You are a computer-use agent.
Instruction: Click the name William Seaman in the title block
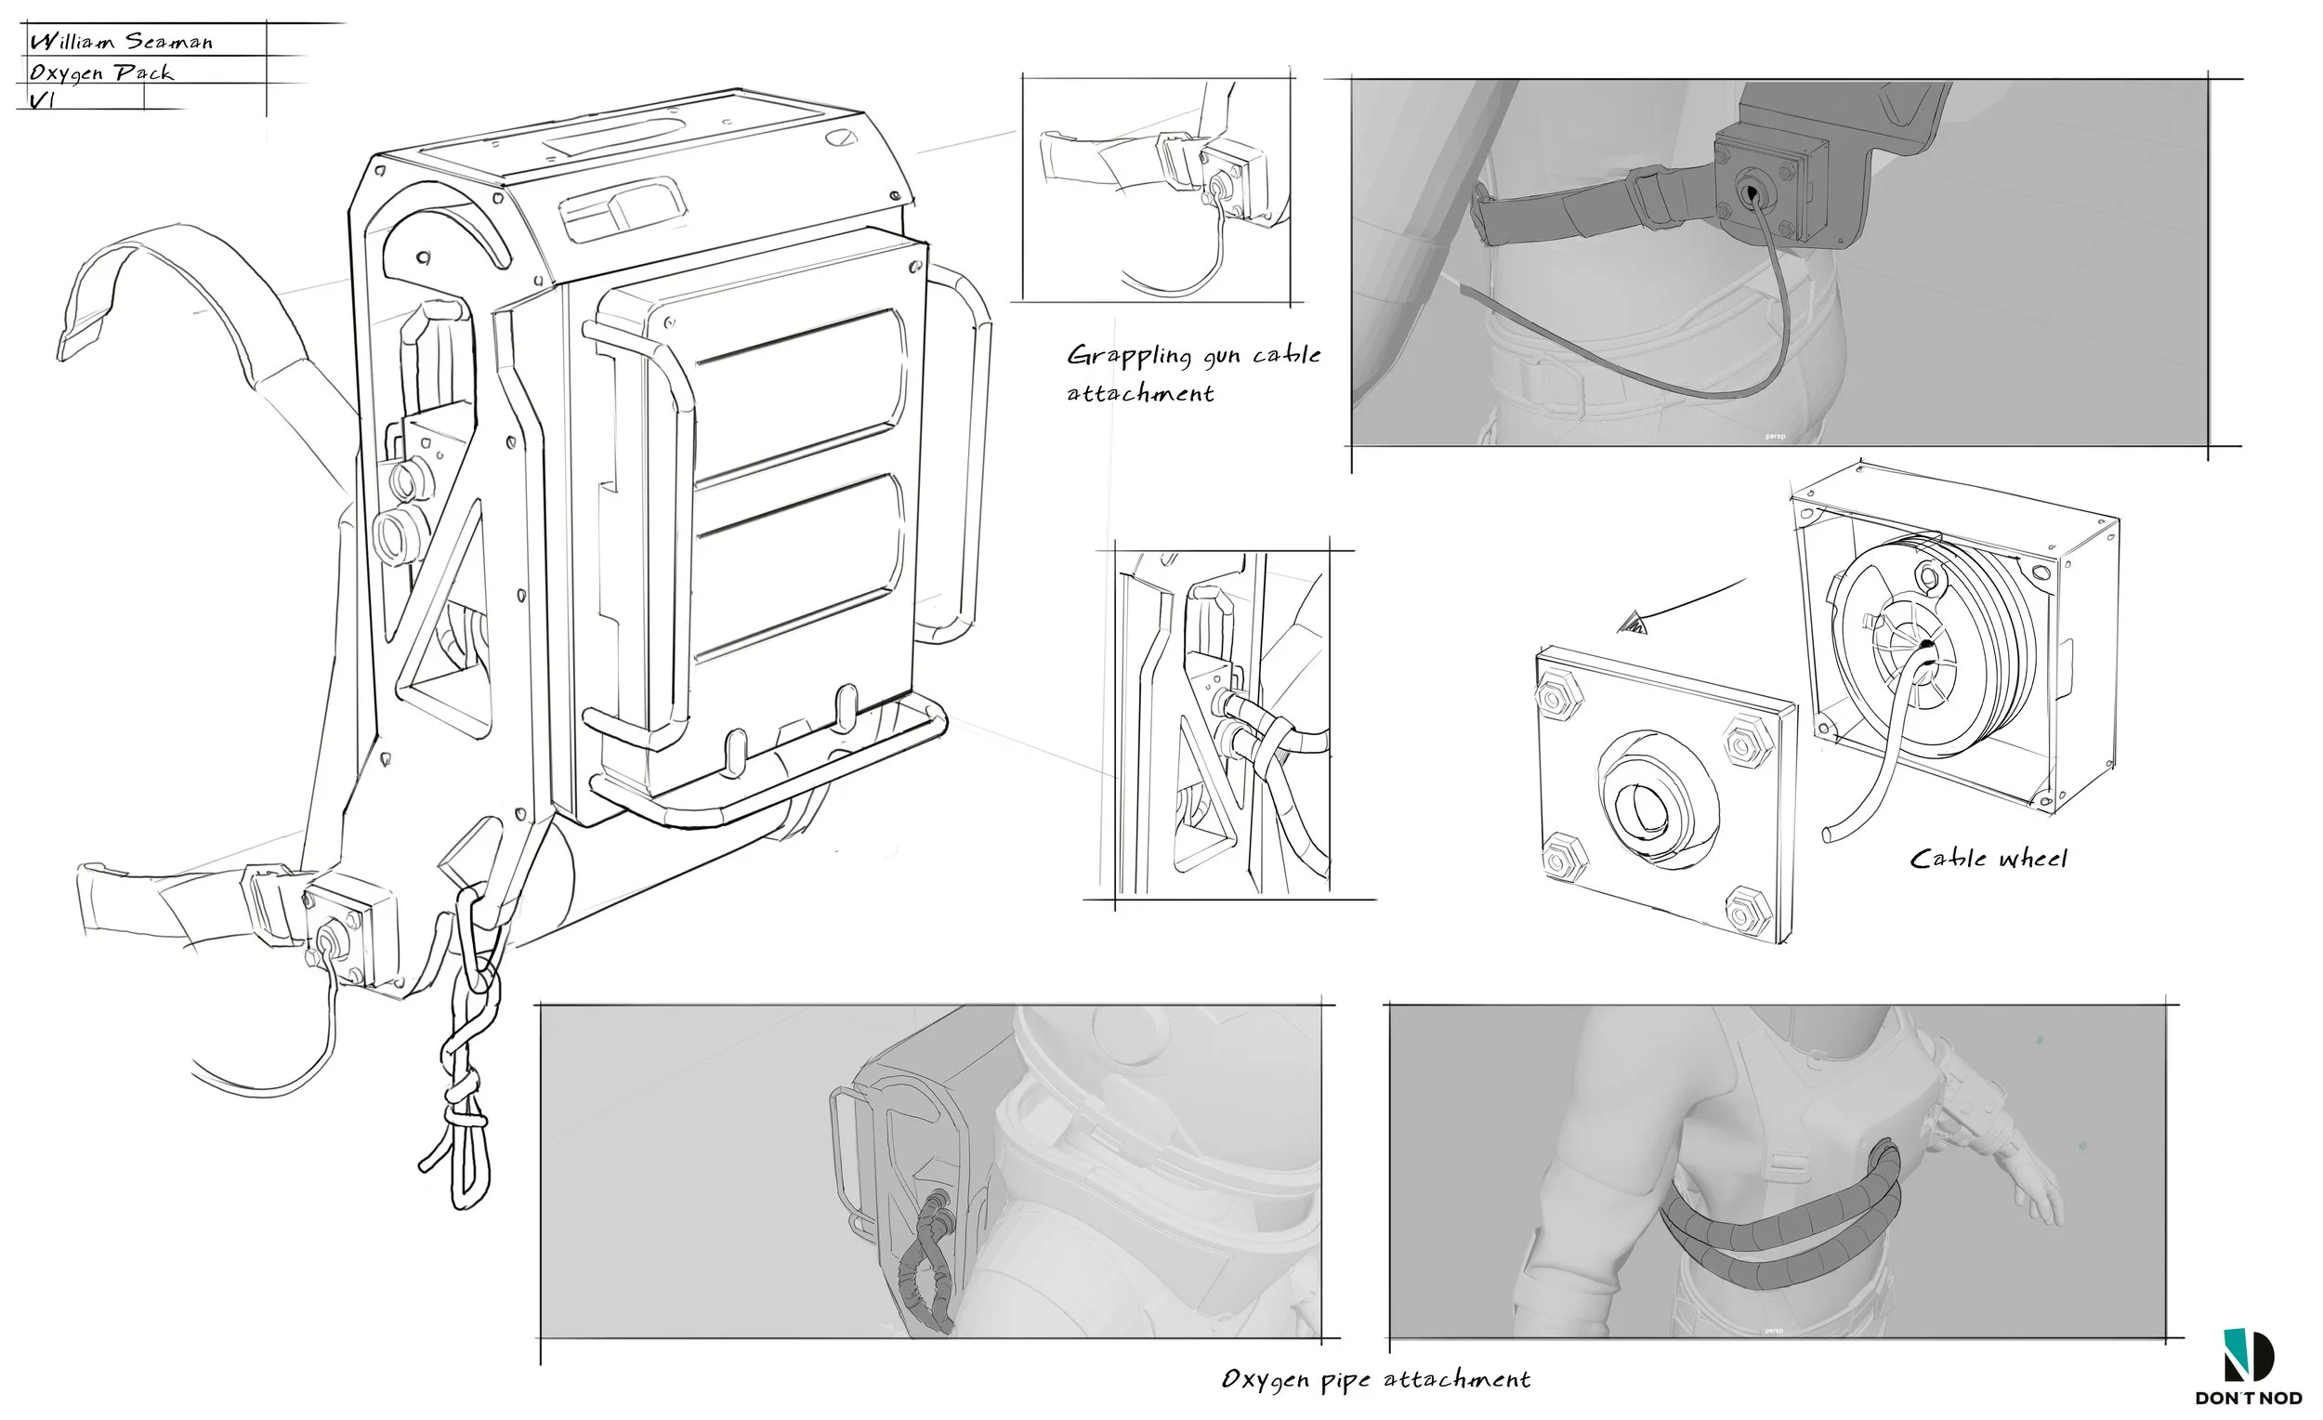[x=121, y=41]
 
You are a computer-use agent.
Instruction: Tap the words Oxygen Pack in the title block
[x=101, y=72]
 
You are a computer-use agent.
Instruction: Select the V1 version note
[x=42, y=100]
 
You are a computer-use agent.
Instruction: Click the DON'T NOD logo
[x=2251, y=1366]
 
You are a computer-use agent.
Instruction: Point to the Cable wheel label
[x=1988, y=858]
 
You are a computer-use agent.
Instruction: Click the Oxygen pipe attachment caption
[x=1375, y=1380]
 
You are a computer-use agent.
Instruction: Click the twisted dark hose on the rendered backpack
[x=925, y=1261]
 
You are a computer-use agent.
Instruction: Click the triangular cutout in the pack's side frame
[x=443, y=651]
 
